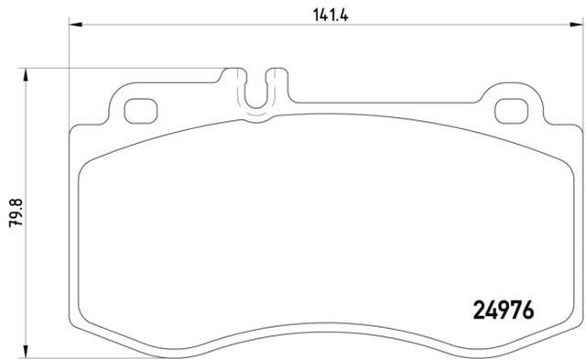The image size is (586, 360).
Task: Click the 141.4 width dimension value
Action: point(331,16)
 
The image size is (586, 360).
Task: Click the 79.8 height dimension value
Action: point(16,213)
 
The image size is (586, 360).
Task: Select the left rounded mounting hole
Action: point(140,111)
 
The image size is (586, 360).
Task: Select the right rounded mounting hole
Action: point(512,111)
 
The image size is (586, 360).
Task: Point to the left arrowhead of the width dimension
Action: point(76,25)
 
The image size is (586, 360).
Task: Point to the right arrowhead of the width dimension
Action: point(576,25)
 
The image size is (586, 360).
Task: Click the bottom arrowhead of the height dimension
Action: point(25,352)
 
